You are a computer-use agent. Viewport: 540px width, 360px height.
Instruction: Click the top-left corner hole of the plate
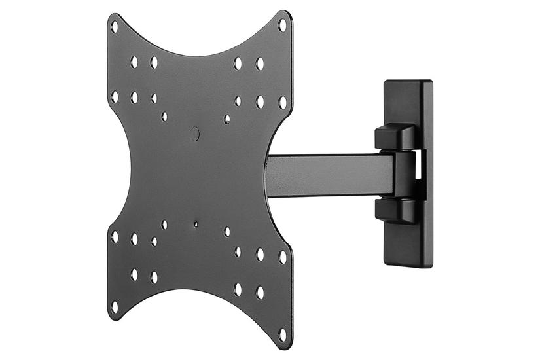[x=115, y=27]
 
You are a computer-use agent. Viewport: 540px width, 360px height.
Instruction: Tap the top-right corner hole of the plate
[x=282, y=26]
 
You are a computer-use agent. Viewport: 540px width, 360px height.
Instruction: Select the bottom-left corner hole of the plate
[x=115, y=306]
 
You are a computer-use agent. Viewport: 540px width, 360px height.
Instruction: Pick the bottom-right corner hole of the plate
[x=282, y=333]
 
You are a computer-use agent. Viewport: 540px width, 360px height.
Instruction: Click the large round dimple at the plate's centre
[x=194, y=134]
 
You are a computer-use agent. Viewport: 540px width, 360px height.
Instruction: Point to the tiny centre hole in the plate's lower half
[x=195, y=224]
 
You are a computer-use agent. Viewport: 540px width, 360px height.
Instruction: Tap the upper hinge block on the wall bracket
[x=395, y=135]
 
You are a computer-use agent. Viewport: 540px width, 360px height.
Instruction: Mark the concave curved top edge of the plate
[x=196, y=52]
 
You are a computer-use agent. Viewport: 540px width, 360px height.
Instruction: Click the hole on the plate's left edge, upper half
[x=115, y=96]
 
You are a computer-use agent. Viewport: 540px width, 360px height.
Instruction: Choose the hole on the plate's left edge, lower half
[x=115, y=236]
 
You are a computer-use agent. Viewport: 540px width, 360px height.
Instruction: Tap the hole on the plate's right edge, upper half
[x=282, y=102]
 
